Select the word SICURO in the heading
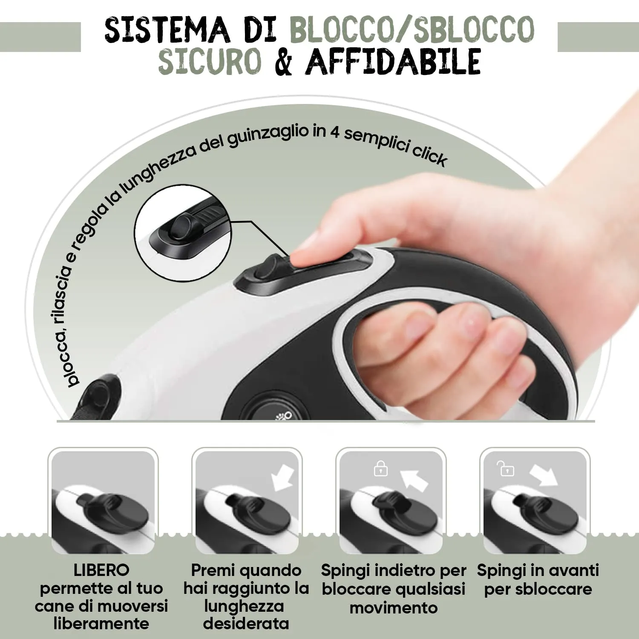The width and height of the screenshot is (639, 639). (x=210, y=62)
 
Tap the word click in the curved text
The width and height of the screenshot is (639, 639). (x=429, y=155)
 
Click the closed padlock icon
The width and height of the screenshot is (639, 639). (x=380, y=469)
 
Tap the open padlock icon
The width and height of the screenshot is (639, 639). (x=506, y=469)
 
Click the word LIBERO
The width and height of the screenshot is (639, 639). (x=101, y=570)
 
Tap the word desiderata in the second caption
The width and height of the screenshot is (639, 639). (x=246, y=624)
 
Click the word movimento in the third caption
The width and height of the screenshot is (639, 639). (x=393, y=608)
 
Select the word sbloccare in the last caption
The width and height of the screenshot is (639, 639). (x=538, y=589)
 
